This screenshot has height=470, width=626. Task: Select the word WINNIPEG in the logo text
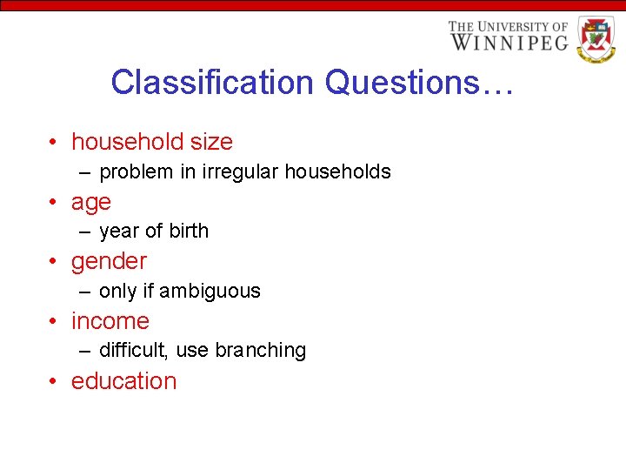509,42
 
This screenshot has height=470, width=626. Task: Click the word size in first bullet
211,142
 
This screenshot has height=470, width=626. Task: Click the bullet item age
91,203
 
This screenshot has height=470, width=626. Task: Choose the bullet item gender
109,262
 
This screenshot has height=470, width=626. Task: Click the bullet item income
110,321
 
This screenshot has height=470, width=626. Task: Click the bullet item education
123,381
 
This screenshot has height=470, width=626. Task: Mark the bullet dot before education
54,382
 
